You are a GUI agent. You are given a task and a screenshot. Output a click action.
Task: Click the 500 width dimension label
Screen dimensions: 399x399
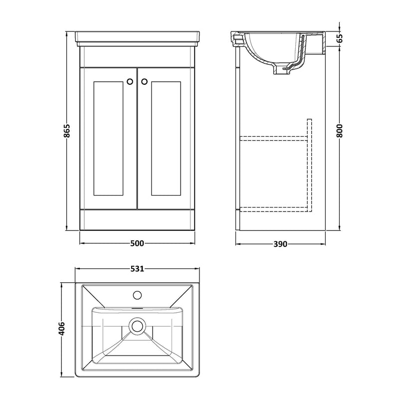pyautogui.click(x=137, y=243)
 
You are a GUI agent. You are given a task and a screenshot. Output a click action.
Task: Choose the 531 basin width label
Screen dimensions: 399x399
pyautogui.click(x=137, y=269)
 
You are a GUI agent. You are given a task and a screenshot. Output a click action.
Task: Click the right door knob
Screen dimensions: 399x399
pyautogui.click(x=145, y=81)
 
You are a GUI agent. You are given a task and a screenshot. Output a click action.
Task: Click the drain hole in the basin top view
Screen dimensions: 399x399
pyautogui.click(x=137, y=327)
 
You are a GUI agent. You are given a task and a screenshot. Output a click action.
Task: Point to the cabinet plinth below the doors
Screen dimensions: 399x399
pyautogui.click(x=137, y=220)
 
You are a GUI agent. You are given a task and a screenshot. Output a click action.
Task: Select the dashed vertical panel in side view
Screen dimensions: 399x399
pyautogui.click(x=309, y=165)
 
